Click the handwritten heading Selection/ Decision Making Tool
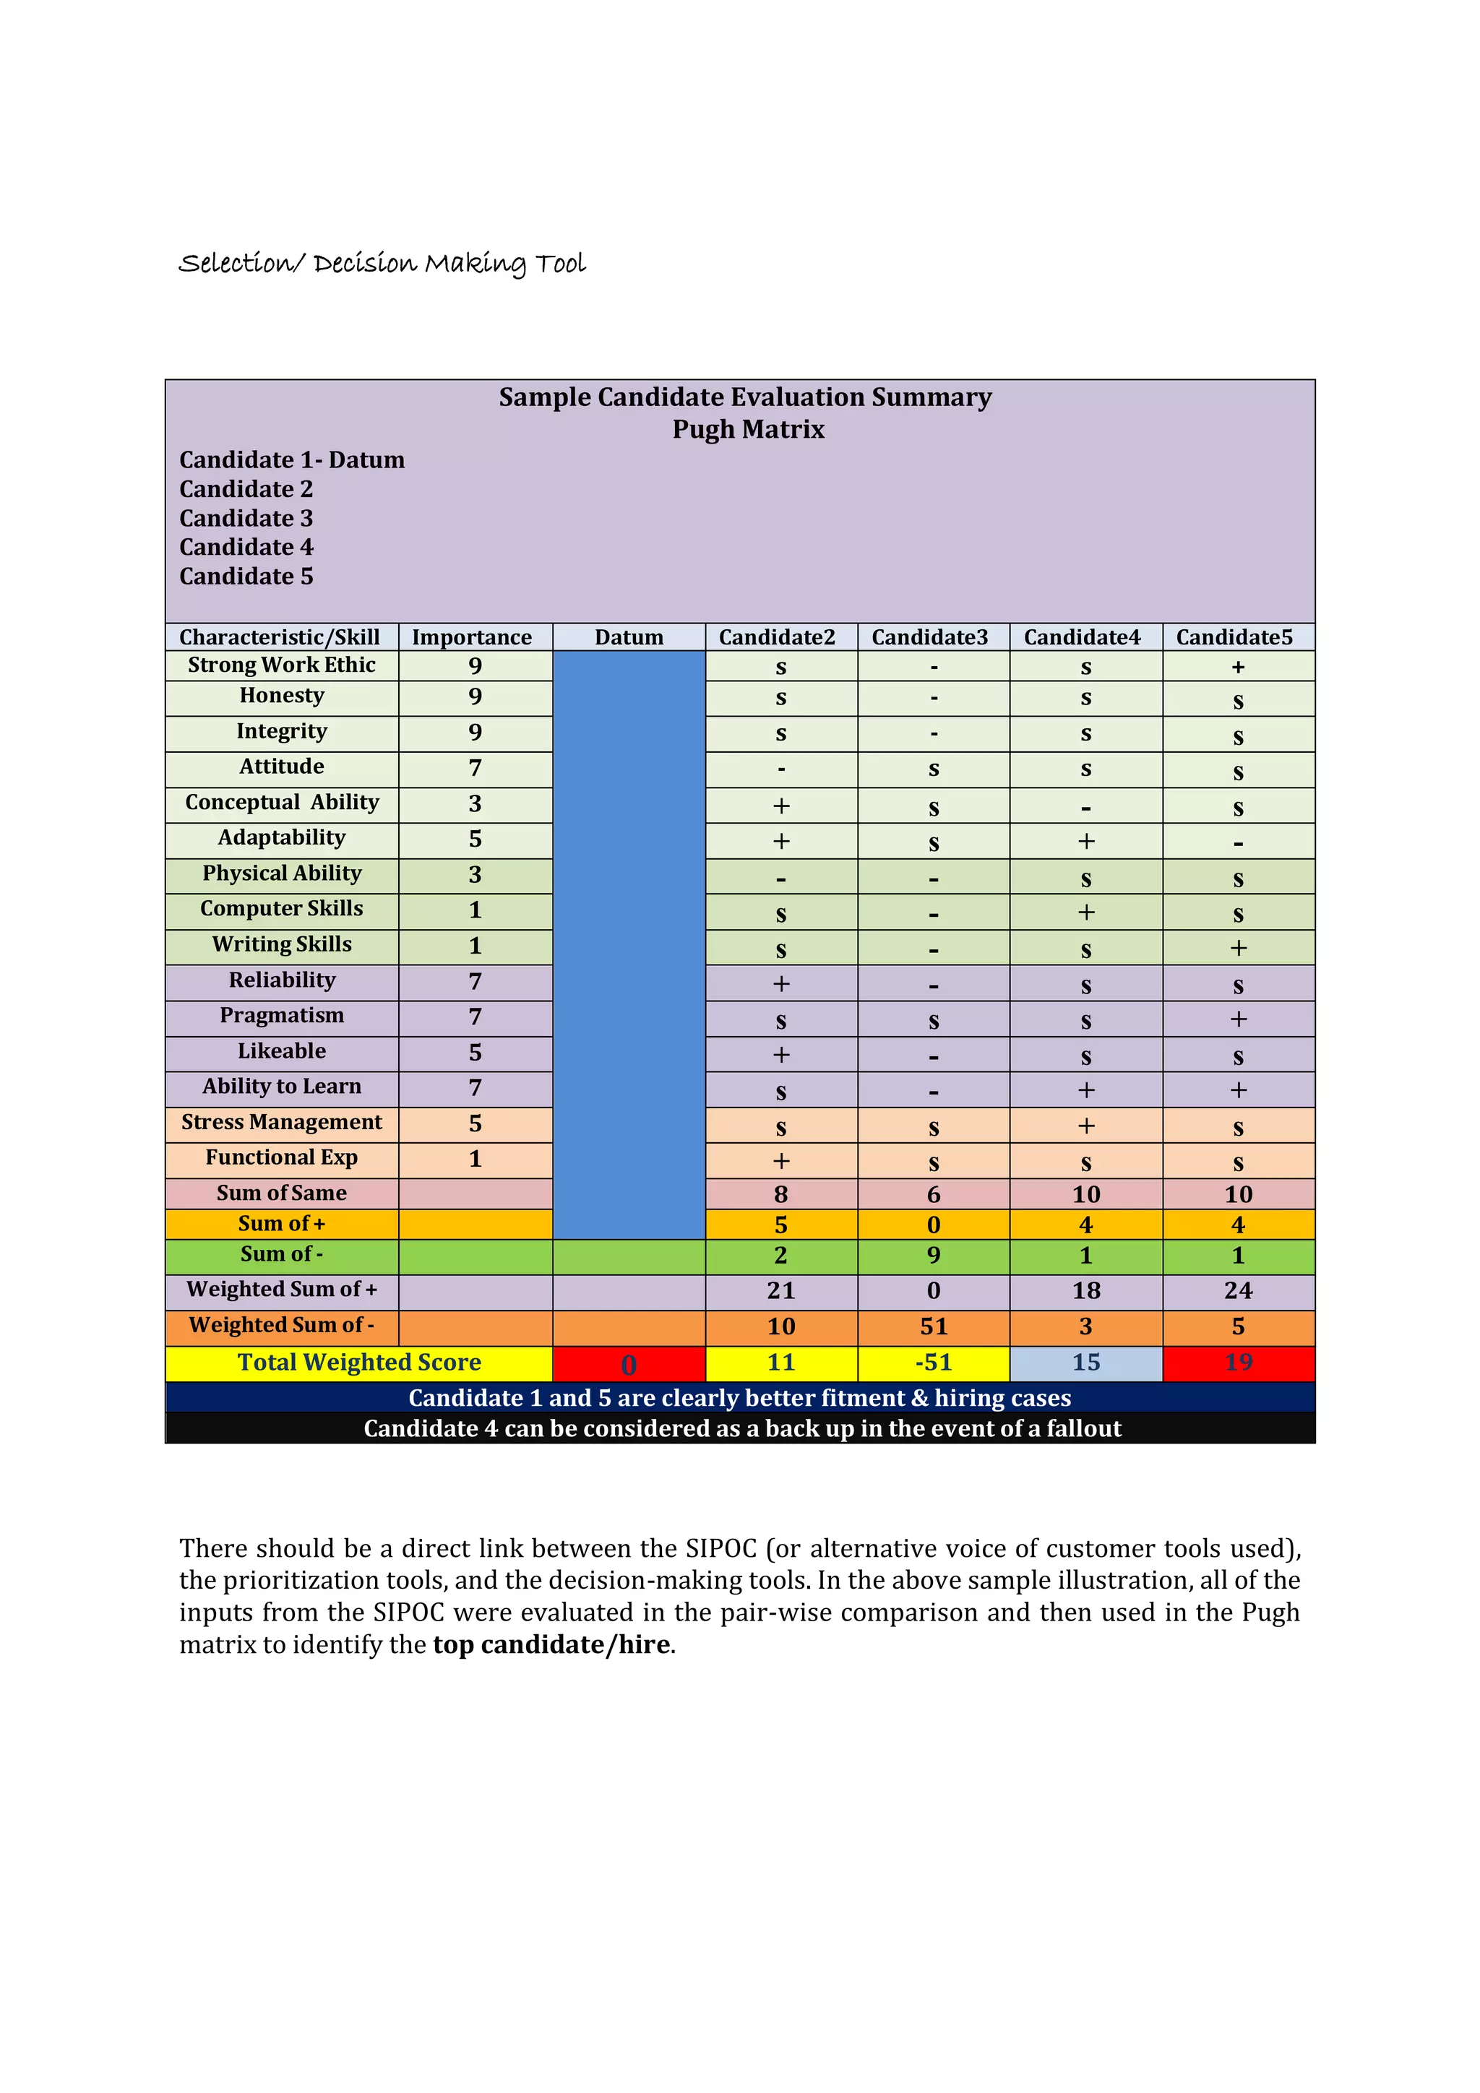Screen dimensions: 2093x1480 pyautogui.click(x=381, y=264)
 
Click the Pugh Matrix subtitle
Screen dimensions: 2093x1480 pyautogui.click(x=748, y=429)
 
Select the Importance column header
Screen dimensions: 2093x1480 pyautogui.click(x=471, y=637)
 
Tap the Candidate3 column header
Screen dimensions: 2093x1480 pyautogui.click(x=929, y=637)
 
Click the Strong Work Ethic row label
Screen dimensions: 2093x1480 pyautogui.click(x=281, y=665)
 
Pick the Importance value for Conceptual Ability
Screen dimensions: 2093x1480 pyautogui.click(x=474, y=804)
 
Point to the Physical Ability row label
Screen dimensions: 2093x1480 pyautogui.click(x=281, y=873)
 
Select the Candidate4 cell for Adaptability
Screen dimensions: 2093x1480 pyautogui.click(x=1085, y=840)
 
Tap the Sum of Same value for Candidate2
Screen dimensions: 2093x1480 pyautogui.click(x=780, y=1194)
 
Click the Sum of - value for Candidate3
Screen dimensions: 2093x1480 pyautogui.click(x=933, y=1255)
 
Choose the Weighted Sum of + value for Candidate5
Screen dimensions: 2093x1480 pyautogui.click(x=1237, y=1291)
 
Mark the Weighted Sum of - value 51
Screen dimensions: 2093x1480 pyautogui.click(x=933, y=1326)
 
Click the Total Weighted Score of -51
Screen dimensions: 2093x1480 pyautogui.click(x=933, y=1363)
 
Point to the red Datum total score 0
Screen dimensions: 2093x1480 pyautogui.click(x=628, y=1365)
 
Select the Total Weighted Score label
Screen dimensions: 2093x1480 pyautogui.click(x=358, y=1363)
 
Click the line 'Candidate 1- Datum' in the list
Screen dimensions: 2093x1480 pyautogui.click(x=292, y=460)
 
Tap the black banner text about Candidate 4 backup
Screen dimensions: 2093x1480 pyautogui.click(x=741, y=1428)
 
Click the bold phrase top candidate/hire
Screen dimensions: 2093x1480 pyautogui.click(x=551, y=1644)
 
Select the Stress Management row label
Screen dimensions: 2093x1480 pyautogui.click(x=281, y=1122)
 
